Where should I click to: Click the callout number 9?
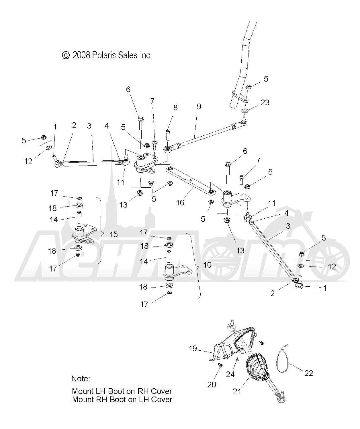pos(199,106)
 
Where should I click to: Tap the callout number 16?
pos(180,203)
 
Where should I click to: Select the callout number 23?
pos(265,102)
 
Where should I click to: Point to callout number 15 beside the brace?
pos(114,234)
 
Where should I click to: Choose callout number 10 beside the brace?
pos(207,264)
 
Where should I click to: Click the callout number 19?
pos(193,348)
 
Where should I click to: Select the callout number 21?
pos(237,391)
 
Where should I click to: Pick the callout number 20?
pos(212,384)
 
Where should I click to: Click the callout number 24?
pos(230,374)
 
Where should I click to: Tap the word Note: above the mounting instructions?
pos(81,378)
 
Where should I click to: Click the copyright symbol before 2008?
pos(66,55)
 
